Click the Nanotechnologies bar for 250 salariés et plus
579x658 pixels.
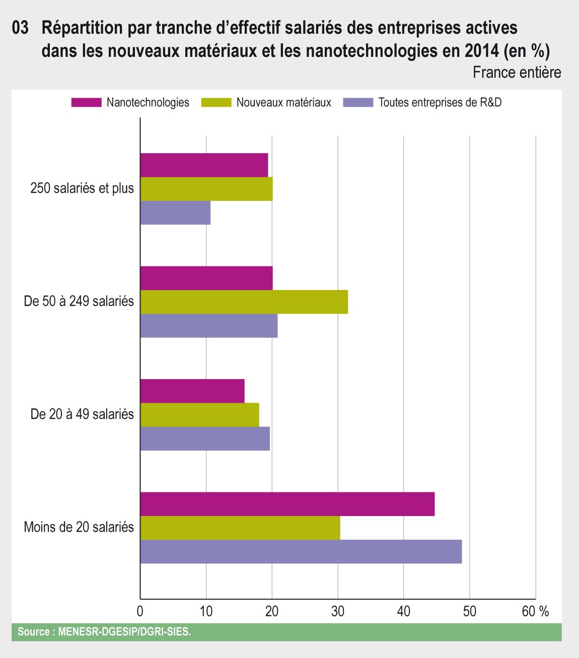(x=204, y=165)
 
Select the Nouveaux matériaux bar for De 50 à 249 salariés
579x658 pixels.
(x=244, y=302)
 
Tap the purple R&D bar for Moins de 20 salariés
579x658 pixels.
(x=301, y=552)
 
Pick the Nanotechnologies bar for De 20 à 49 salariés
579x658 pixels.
(x=192, y=391)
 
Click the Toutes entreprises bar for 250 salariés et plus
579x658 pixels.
(x=175, y=213)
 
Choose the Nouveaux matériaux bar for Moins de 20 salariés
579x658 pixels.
(x=240, y=528)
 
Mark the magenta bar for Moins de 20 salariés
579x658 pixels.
(x=287, y=504)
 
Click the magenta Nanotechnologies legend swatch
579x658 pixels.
(x=86, y=103)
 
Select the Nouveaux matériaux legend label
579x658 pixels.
(x=283, y=103)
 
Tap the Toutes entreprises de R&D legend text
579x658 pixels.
(x=440, y=103)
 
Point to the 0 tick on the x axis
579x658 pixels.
(x=140, y=611)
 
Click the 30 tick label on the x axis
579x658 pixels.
(x=338, y=611)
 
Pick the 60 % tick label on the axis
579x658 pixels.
(x=535, y=611)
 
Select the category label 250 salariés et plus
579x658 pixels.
(x=82, y=189)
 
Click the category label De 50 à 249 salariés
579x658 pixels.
(x=79, y=302)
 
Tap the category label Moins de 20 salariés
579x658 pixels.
(x=79, y=528)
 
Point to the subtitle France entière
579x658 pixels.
(x=517, y=72)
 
